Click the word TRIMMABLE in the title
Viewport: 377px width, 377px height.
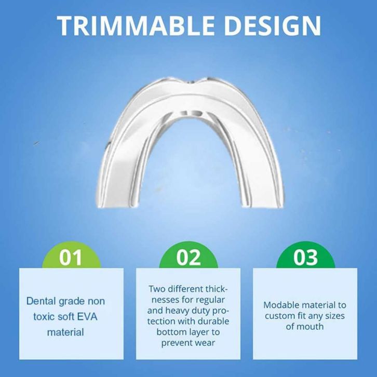click(x=136, y=25)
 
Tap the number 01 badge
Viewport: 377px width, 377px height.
click(x=71, y=255)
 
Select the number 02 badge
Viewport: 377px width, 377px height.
click(x=188, y=255)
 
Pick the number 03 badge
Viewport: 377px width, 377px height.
click(x=305, y=255)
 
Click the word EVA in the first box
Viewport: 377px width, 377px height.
click(x=88, y=317)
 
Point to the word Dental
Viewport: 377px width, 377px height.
click(x=41, y=301)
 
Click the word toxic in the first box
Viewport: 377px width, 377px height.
click(x=43, y=317)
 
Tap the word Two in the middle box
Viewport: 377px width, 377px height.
click(x=157, y=289)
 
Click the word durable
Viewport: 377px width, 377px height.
click(x=214, y=321)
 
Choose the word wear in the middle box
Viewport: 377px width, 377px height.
click(x=206, y=343)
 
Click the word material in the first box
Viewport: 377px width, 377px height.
click(x=65, y=332)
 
